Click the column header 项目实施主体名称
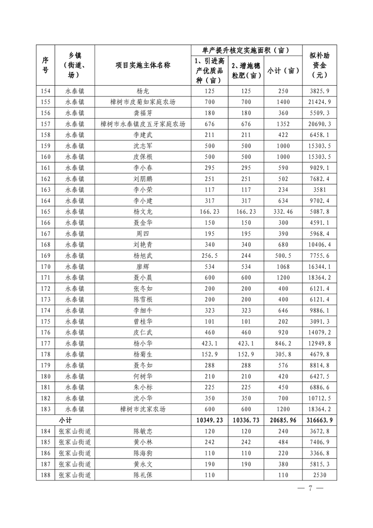(x=143, y=66)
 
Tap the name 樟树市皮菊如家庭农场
(x=143, y=102)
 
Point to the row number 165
(x=46, y=212)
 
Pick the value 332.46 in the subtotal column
(x=283, y=212)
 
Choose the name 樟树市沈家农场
(x=143, y=409)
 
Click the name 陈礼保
(x=143, y=475)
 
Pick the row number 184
(x=46, y=431)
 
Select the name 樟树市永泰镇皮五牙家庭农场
(x=143, y=124)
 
